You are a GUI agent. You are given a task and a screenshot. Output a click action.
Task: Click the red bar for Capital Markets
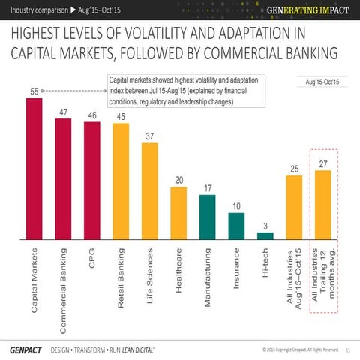34,169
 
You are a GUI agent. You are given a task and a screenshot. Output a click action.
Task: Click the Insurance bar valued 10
236,225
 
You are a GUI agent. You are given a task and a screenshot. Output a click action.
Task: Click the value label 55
34,91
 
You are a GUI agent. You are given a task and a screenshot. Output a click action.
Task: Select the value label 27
323,163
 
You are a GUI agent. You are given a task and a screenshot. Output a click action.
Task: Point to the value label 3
265,226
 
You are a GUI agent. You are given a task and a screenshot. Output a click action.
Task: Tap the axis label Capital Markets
34,278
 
